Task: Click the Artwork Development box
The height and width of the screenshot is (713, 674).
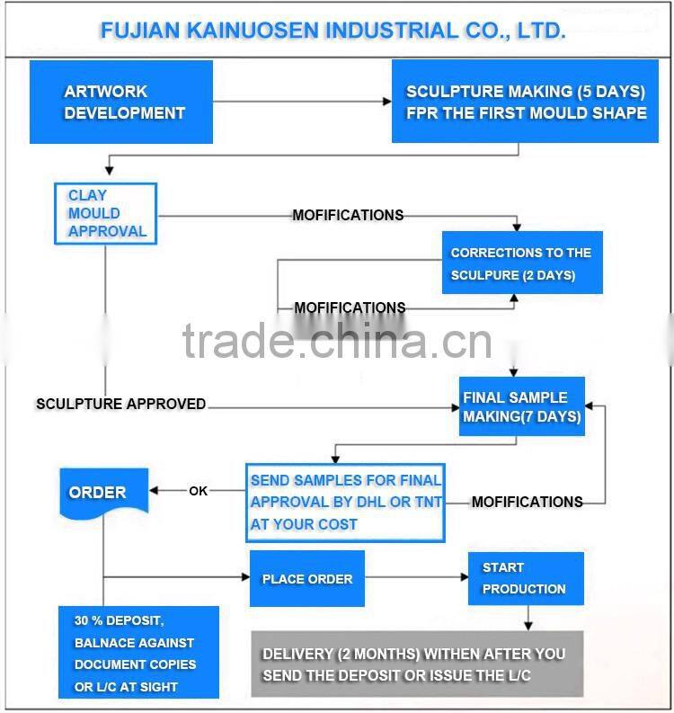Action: tap(121, 102)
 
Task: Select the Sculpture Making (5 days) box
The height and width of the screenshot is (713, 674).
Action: tap(525, 102)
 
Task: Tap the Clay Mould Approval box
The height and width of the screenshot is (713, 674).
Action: tap(106, 213)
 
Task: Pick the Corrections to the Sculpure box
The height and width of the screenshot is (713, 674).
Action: tap(521, 263)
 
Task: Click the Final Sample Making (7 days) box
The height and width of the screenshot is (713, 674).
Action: tap(521, 406)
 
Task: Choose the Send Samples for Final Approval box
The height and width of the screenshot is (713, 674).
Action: tap(346, 502)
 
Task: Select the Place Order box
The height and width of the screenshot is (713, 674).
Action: tap(307, 579)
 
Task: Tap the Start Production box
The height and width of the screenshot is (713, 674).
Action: tap(525, 578)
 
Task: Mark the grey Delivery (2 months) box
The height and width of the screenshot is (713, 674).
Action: tap(417, 664)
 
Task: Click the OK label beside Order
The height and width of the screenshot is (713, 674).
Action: tap(198, 491)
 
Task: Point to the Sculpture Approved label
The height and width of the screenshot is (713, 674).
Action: tap(120, 404)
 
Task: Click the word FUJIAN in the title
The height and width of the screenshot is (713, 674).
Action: tap(131, 31)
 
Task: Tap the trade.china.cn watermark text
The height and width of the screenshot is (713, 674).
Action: tap(337, 341)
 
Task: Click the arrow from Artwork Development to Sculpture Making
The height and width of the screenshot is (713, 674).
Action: tap(302, 102)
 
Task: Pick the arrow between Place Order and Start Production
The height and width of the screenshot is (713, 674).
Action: tap(417, 577)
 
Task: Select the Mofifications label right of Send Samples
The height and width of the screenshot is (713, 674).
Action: tap(527, 502)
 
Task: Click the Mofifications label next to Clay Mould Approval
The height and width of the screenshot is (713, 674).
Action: tap(348, 215)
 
